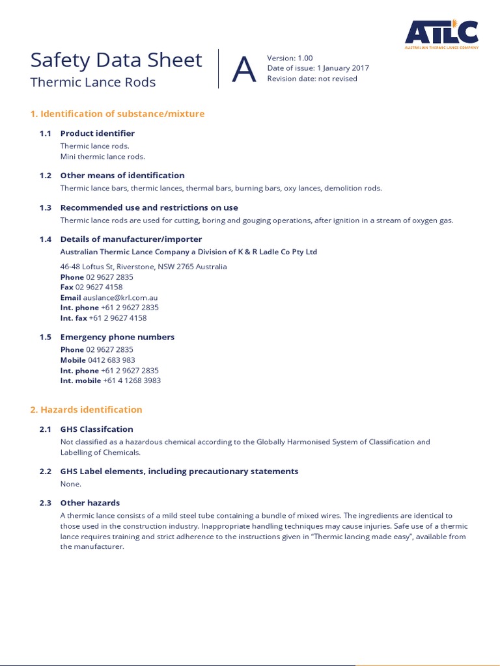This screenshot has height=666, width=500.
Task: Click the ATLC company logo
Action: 441,34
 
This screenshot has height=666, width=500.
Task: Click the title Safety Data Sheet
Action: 116,60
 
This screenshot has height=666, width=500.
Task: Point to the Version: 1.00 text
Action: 290,58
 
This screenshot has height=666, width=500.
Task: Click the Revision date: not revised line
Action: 312,79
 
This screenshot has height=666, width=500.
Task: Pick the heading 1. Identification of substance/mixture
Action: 117,114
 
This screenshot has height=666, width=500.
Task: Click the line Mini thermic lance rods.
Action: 102,157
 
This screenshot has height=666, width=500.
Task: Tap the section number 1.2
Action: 45,176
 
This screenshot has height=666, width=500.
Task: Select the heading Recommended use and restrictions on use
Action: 149,207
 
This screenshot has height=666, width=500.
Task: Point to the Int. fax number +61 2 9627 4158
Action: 118,318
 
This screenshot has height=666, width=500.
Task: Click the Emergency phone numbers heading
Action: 117,337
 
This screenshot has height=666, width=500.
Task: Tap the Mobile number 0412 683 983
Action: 111,360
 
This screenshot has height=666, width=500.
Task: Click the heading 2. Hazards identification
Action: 86,410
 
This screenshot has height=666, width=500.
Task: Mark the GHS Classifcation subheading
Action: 96,429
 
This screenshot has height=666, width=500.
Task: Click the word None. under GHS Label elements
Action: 71,484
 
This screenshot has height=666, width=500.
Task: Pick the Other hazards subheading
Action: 90,503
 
